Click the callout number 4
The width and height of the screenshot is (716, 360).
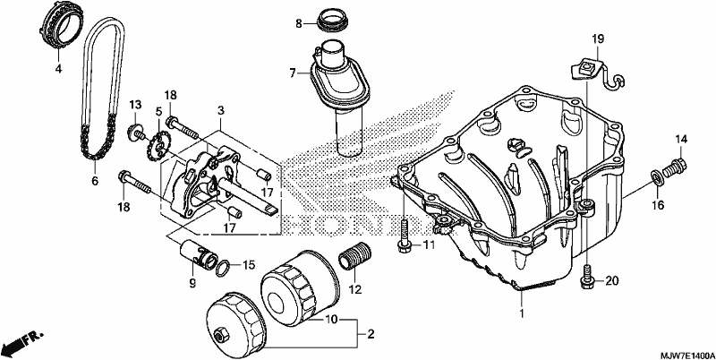click(x=58, y=69)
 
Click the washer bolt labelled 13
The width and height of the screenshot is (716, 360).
click(x=136, y=132)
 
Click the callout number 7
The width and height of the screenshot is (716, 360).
click(x=294, y=73)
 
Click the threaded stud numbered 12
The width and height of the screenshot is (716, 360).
click(x=354, y=257)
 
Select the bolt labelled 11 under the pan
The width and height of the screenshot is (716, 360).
click(x=405, y=236)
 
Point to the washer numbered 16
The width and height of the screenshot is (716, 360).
click(x=656, y=177)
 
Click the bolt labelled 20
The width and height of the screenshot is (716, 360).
click(x=587, y=277)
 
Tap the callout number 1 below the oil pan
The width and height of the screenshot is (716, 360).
click(x=522, y=313)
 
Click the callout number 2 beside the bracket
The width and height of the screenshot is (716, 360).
click(x=371, y=334)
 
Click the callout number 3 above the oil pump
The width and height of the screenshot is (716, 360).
click(x=221, y=110)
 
